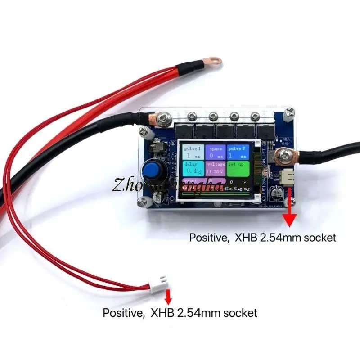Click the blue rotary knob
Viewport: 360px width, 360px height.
[x=152, y=171]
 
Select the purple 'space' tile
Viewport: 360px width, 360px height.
[x=216, y=152]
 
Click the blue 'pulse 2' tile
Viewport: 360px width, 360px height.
[x=238, y=152]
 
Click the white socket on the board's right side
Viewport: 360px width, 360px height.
[x=287, y=176]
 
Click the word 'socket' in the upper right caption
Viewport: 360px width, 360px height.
[x=320, y=238]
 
